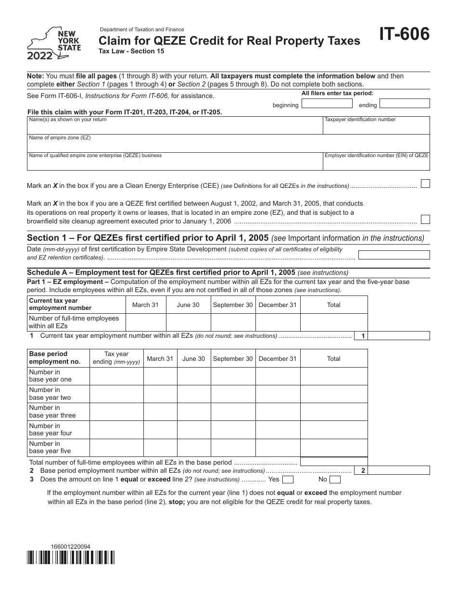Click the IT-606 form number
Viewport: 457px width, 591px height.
[x=405, y=36]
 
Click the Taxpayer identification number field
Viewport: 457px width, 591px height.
[x=376, y=125]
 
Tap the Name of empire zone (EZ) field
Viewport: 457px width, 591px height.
[x=228, y=143]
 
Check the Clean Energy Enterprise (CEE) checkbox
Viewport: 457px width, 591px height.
[x=425, y=184]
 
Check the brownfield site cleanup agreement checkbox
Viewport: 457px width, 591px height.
[x=425, y=220]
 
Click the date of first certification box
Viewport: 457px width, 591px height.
[x=394, y=255]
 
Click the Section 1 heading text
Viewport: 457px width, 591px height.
[x=148, y=238]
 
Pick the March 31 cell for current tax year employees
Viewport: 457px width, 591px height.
[x=145, y=322]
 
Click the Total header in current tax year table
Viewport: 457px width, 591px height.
[x=333, y=305]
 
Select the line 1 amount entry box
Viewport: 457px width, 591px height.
[x=399, y=336]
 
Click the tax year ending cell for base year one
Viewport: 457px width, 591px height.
[x=116, y=376]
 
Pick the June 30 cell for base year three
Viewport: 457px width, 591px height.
[x=194, y=412]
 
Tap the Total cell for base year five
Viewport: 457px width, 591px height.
[x=333, y=448]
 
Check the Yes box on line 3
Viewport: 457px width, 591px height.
[x=288, y=480]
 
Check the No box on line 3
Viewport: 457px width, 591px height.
[x=335, y=480]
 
